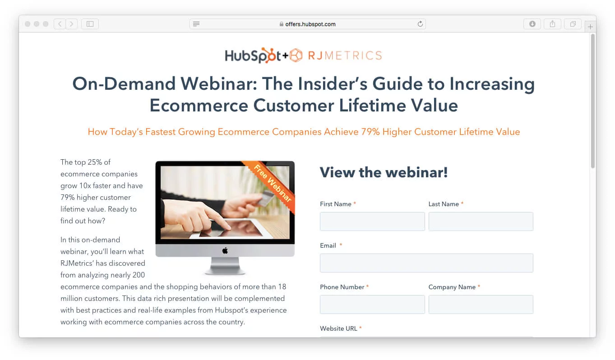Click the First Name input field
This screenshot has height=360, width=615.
[372, 222]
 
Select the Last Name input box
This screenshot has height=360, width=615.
[481, 222]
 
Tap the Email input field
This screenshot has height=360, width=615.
[426, 263]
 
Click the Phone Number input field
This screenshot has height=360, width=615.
[372, 305]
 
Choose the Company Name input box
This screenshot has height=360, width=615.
[481, 305]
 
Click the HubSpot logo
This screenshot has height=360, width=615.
[253, 55]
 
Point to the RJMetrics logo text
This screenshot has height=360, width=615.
[345, 55]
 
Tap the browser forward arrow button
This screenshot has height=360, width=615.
[72, 24]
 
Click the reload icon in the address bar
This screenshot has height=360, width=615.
[420, 24]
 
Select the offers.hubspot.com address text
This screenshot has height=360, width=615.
[310, 24]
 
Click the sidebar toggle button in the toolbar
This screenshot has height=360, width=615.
[90, 24]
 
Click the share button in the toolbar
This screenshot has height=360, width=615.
[552, 24]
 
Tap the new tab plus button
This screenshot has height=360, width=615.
[590, 27]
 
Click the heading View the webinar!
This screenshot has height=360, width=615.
[384, 172]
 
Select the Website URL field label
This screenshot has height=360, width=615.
[338, 328]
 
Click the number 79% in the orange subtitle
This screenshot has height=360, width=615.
[370, 132]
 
